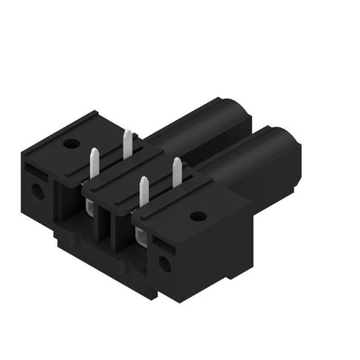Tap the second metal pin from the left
127,143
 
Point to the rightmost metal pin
177,171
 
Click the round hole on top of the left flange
71,144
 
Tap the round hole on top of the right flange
198,216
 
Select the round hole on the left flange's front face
37,189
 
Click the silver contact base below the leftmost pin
91,204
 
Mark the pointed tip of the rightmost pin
177,160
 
